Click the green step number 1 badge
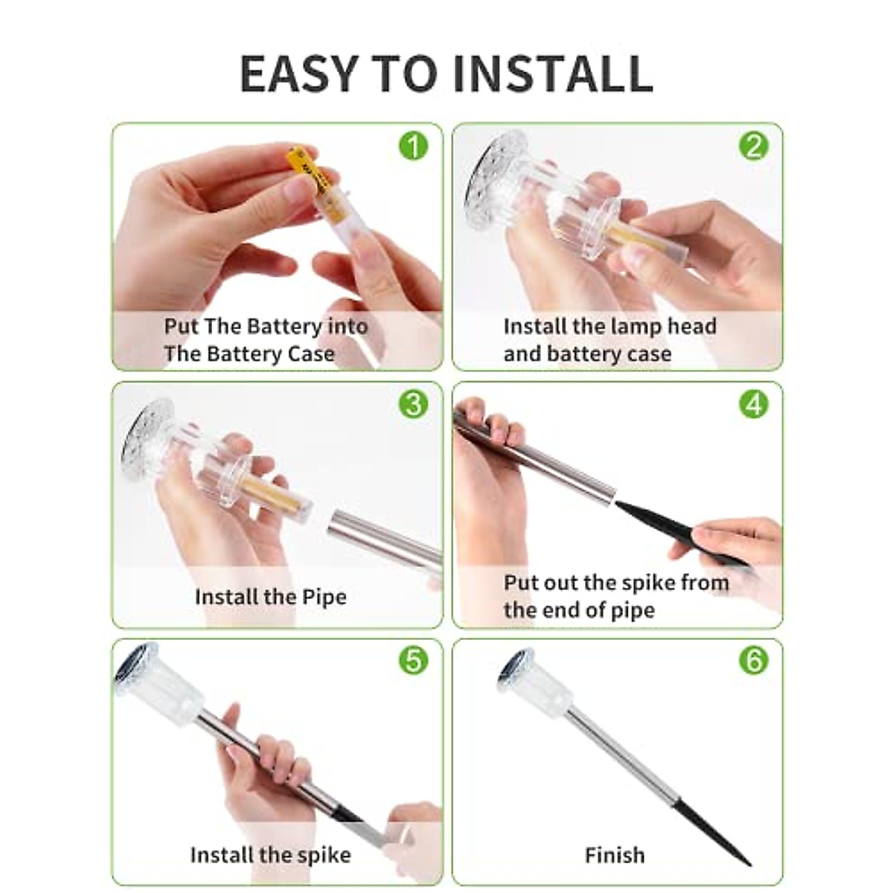point(413,147)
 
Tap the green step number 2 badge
point(754,147)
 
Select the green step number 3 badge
point(413,403)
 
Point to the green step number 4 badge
point(754,403)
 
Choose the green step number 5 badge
point(413,660)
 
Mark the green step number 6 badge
point(754,660)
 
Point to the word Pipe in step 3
point(324,598)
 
